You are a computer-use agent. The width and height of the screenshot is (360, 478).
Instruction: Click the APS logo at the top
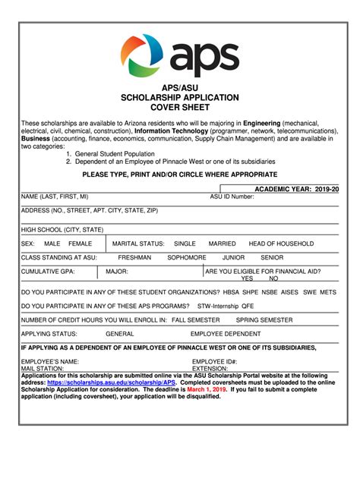coord(180,55)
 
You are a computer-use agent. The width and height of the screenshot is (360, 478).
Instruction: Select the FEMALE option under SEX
coord(80,244)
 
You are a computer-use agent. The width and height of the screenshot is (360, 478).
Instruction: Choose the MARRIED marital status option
coord(223,244)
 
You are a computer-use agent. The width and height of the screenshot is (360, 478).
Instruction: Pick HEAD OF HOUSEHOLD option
coord(281,244)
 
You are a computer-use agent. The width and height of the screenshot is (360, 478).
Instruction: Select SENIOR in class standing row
coord(272,257)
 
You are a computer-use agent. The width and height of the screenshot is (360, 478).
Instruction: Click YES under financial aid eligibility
coord(248,278)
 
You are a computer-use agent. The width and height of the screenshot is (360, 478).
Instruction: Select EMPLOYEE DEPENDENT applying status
coord(226,333)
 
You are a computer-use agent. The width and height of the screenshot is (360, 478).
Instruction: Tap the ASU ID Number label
coord(232,197)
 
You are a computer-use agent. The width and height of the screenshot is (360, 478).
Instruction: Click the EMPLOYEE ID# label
coord(214,361)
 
